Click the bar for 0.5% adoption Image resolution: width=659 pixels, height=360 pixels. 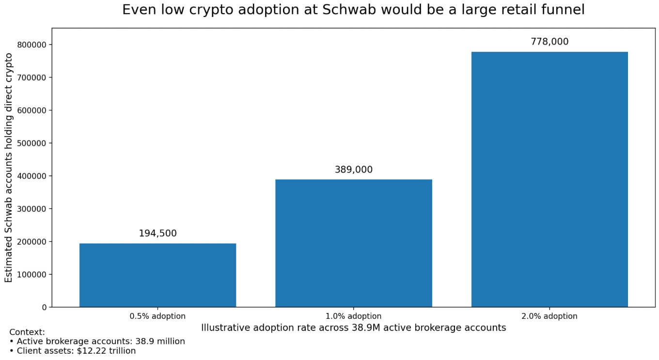[x=157, y=275]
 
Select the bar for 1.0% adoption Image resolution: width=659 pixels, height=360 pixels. [x=353, y=243]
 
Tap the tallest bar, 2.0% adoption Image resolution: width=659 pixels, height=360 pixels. [x=549, y=179]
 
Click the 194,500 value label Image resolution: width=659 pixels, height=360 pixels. [x=157, y=234]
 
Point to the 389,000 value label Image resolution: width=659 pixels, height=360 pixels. [x=353, y=170]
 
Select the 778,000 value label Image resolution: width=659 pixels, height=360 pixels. [x=549, y=42]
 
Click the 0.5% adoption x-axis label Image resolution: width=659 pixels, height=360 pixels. [x=157, y=316]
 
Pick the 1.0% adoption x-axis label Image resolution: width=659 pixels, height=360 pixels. [x=353, y=316]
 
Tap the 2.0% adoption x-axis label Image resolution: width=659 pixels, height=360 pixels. [x=549, y=316]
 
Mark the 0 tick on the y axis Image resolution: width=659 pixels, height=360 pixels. [x=44, y=307]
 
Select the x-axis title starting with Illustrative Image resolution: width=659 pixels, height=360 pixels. [x=353, y=328]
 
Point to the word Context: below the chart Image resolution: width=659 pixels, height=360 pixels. [x=27, y=332]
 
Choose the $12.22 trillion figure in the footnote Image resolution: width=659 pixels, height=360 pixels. [x=106, y=351]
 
